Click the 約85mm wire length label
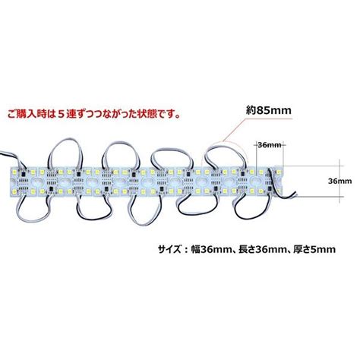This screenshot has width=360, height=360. [269, 110]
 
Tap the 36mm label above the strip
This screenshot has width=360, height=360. [270, 145]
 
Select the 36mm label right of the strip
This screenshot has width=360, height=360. [339, 181]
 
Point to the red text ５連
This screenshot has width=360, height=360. [68, 114]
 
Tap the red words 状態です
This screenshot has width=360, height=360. [160, 114]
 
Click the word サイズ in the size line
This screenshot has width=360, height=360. [169, 249]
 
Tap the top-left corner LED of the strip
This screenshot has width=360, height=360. [15, 172]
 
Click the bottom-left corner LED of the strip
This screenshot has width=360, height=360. [14, 191]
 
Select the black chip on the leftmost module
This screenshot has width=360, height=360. [24, 174]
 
